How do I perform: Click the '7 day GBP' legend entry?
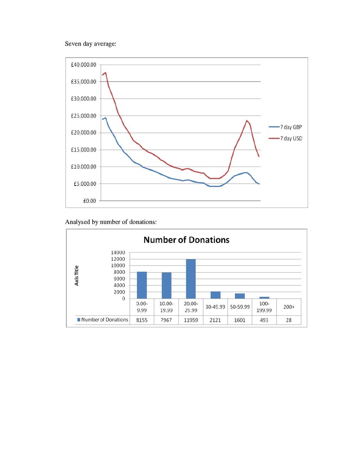[285, 127]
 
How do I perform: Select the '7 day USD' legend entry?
[285, 138]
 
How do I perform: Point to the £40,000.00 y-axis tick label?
[84, 65]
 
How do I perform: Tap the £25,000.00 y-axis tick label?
[84, 116]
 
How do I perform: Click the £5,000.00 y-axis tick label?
[85, 184]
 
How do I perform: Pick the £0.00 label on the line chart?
[90, 201]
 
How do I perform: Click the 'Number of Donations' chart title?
[187, 240]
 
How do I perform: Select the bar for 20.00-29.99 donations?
[191, 279]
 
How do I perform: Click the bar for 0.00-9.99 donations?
[142, 285]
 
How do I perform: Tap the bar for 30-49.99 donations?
[216, 295]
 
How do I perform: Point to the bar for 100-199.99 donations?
[264, 298]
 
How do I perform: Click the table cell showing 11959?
[191, 320]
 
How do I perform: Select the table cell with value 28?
[289, 320]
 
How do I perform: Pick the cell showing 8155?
[142, 320]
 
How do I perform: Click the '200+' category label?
[289, 307]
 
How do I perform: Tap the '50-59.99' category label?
[240, 307]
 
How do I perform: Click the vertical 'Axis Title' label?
[77, 275]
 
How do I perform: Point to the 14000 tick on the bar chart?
[118, 252]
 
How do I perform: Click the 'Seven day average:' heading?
[91, 44]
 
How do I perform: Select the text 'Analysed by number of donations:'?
[111, 222]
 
